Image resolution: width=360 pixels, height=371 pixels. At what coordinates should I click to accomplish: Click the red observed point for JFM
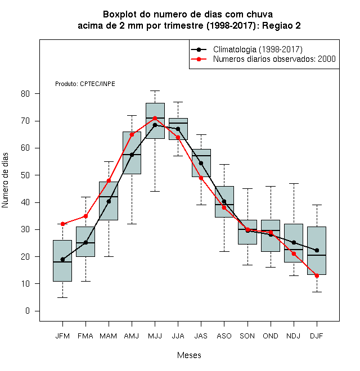pyautogui.click(x=62, y=224)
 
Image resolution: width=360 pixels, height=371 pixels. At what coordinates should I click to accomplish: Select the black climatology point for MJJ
pyautogui.click(x=155, y=125)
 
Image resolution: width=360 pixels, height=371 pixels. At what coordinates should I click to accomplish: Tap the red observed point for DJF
pyautogui.click(x=317, y=275)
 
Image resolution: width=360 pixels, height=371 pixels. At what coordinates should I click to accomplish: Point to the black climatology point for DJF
pyautogui.click(x=317, y=250)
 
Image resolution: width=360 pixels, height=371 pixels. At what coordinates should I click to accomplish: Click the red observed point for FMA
pyautogui.click(x=85, y=216)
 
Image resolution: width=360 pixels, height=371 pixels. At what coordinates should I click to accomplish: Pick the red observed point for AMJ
pyautogui.click(x=132, y=135)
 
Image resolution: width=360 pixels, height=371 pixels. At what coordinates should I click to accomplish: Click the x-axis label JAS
pyautogui.click(x=201, y=336)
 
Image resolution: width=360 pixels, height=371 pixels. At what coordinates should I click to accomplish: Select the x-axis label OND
pyautogui.click(x=271, y=336)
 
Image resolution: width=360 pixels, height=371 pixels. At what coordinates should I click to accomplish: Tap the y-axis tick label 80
pyautogui.click(x=25, y=94)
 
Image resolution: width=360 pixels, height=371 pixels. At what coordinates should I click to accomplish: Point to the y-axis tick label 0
pyautogui.click(x=28, y=311)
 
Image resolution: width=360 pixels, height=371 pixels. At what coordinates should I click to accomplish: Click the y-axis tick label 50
pyautogui.click(x=25, y=175)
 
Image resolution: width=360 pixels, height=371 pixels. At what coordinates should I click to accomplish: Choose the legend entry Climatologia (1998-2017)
pyautogui.click(x=258, y=49)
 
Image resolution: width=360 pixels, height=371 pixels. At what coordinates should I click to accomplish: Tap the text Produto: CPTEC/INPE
pyautogui.click(x=85, y=84)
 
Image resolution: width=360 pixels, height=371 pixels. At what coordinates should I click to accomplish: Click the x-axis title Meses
pyautogui.click(x=189, y=355)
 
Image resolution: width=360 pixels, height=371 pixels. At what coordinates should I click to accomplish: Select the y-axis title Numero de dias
pyautogui.click(x=5, y=180)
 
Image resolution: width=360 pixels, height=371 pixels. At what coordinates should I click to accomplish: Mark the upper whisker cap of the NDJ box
pyautogui.click(x=294, y=183)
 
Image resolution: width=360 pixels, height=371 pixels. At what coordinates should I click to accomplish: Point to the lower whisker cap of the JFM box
pyautogui.click(x=62, y=297)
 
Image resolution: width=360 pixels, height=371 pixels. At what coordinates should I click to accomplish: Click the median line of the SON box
pyautogui.click(x=247, y=229)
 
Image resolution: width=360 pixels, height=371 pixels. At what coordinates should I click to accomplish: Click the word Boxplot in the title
pyautogui.click(x=120, y=15)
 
